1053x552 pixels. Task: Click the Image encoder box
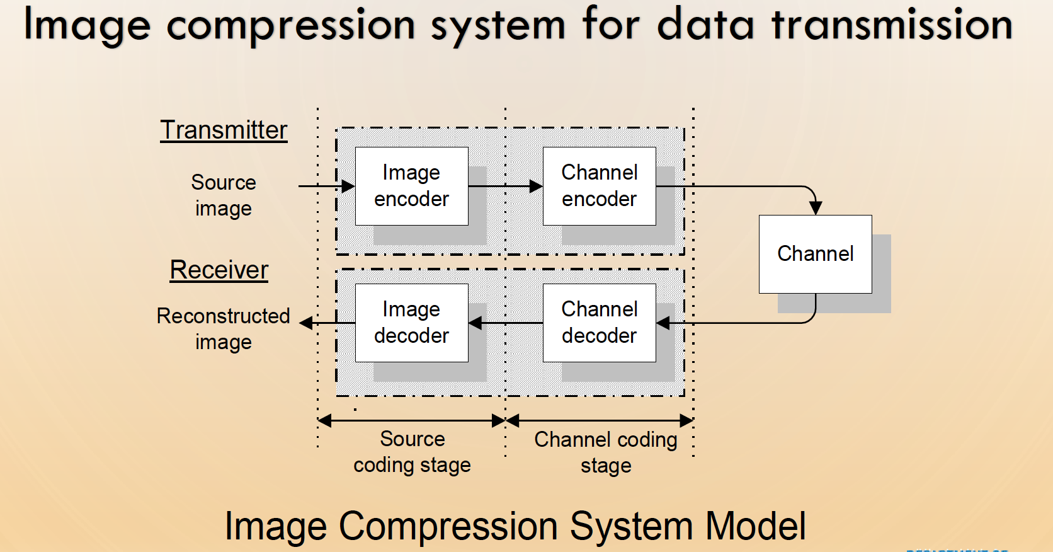pyautogui.click(x=411, y=186)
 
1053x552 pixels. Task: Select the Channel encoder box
pyautogui.click(x=599, y=186)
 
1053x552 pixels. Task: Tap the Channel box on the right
pyautogui.click(x=815, y=254)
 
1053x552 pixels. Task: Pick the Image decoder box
pyautogui.click(x=411, y=323)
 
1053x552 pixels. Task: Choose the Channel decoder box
pyautogui.click(x=599, y=323)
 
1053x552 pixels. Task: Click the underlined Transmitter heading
pyautogui.click(x=224, y=130)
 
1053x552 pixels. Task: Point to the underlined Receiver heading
pyautogui.click(x=219, y=270)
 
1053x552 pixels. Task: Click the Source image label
pyautogui.click(x=224, y=195)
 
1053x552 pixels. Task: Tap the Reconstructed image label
pyautogui.click(x=224, y=329)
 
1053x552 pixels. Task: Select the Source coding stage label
pyautogui.click(x=412, y=452)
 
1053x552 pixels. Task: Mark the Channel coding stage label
pyautogui.click(x=605, y=452)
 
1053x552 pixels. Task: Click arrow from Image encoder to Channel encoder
pyautogui.click(x=504, y=186)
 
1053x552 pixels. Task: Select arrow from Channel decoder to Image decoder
pyautogui.click(x=504, y=323)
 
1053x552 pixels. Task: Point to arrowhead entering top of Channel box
pyautogui.click(x=815, y=208)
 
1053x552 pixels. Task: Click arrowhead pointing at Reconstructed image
pyautogui.click(x=307, y=323)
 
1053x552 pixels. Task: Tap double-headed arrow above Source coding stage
pyautogui.click(x=411, y=420)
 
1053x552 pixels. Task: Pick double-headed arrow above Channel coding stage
pyautogui.click(x=599, y=420)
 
